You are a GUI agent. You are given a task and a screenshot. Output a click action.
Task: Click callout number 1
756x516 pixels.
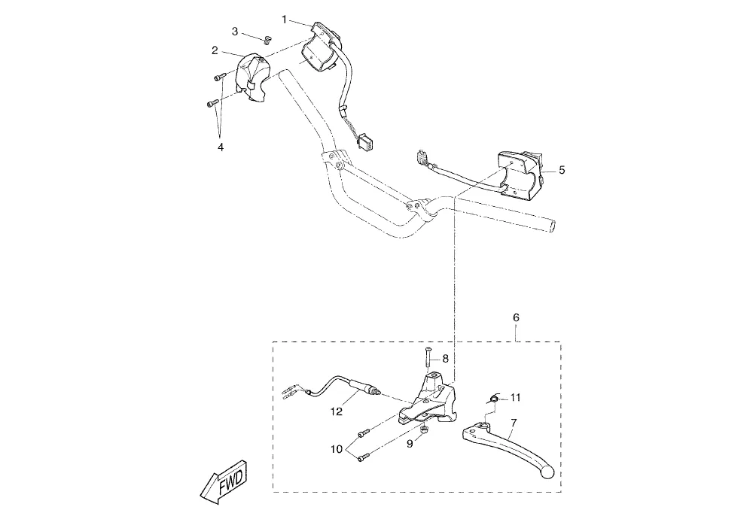click(x=284, y=19)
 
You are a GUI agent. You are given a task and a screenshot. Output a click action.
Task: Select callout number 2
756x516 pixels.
click(x=215, y=50)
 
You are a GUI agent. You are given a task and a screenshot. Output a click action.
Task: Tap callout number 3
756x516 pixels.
click(x=235, y=32)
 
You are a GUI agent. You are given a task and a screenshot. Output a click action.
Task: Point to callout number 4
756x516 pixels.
click(x=221, y=147)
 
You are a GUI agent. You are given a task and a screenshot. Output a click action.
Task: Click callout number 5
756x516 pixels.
click(x=562, y=170)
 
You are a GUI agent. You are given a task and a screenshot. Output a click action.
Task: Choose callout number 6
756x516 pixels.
click(x=516, y=318)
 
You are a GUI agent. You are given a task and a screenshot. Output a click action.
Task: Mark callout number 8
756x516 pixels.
click(x=445, y=359)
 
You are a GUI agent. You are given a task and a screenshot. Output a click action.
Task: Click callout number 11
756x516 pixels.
click(x=515, y=396)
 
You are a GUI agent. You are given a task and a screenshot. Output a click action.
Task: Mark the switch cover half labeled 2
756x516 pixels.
click(x=255, y=75)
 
